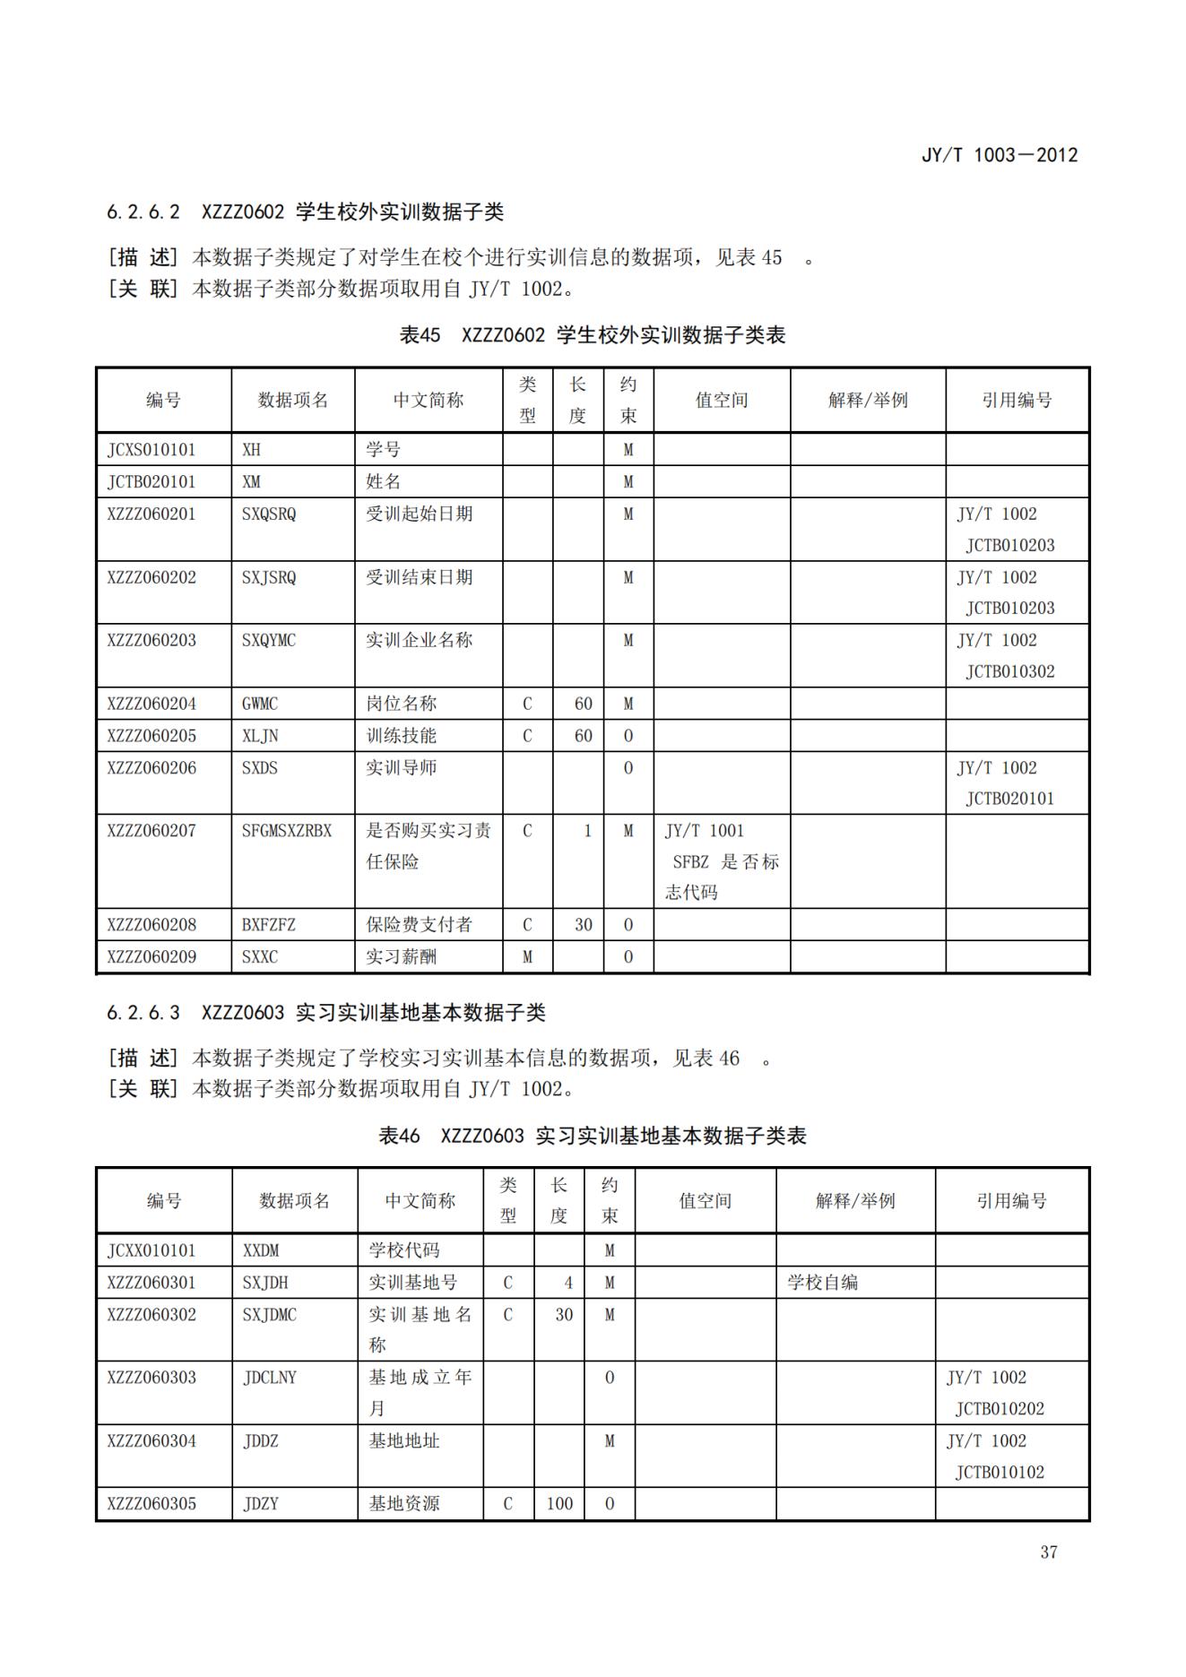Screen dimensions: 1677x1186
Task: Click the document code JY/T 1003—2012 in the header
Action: click(999, 155)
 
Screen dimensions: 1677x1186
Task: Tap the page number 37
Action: click(1048, 1552)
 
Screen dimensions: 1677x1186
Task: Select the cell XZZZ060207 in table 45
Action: click(151, 831)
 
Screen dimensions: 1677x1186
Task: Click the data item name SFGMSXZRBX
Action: click(286, 831)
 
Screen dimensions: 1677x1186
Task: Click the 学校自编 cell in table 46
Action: click(822, 1283)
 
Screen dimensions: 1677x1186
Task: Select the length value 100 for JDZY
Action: click(559, 1503)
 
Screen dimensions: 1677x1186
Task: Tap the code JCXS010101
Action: click(151, 450)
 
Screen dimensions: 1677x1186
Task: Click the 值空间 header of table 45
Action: click(721, 400)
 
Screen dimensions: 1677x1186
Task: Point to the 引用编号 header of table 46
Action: click(1011, 1200)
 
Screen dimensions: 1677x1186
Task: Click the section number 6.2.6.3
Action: click(143, 1013)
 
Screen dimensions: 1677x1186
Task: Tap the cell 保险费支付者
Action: click(419, 924)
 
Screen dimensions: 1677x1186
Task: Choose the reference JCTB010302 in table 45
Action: click(1009, 671)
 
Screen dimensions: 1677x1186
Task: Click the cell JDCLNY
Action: click(269, 1378)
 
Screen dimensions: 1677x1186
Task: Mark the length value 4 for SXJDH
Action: click(567, 1283)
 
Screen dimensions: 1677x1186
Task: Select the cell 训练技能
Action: click(401, 736)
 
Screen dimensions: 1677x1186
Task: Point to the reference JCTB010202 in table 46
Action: click(1000, 1409)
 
